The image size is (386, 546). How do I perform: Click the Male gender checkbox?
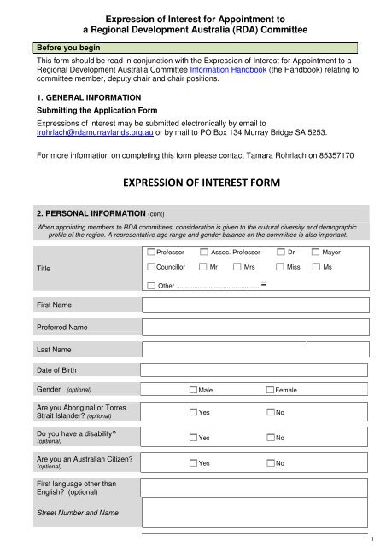tap(192, 390)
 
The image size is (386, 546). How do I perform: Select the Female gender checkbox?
tap(270, 390)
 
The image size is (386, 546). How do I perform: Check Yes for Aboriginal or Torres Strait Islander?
tap(192, 413)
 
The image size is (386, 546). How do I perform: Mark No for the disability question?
tap(270, 439)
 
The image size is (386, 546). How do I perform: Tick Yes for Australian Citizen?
tap(192, 463)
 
